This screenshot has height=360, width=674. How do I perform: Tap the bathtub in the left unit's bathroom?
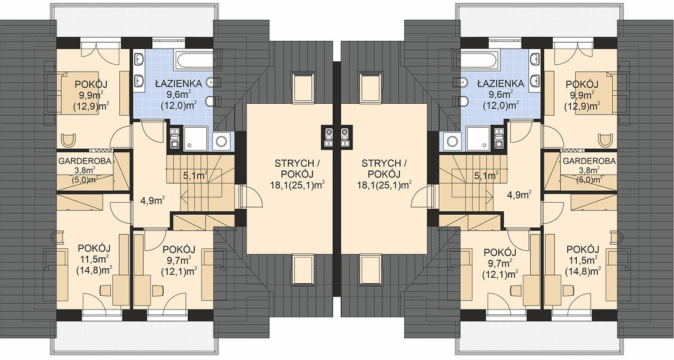click(193, 60)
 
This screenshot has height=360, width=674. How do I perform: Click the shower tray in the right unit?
click(477, 139)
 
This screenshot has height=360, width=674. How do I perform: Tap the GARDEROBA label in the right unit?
click(589, 161)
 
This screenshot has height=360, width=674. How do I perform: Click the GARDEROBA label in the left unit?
click(85, 161)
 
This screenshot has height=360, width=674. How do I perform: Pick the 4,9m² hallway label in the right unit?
click(519, 195)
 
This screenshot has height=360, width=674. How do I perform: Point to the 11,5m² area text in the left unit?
click(94, 259)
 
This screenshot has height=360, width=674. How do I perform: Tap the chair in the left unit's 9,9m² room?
click(68, 140)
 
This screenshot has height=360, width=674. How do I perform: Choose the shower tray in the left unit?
click(196, 139)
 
